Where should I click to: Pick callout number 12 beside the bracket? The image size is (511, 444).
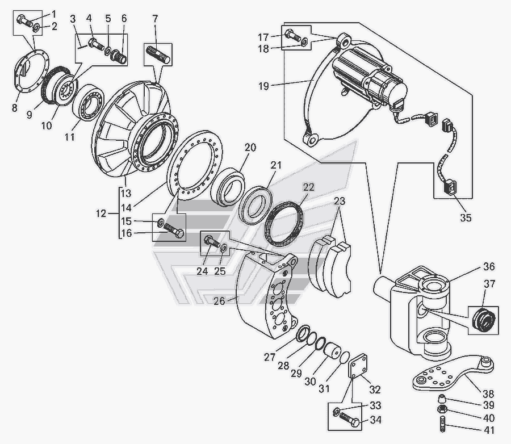101,214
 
